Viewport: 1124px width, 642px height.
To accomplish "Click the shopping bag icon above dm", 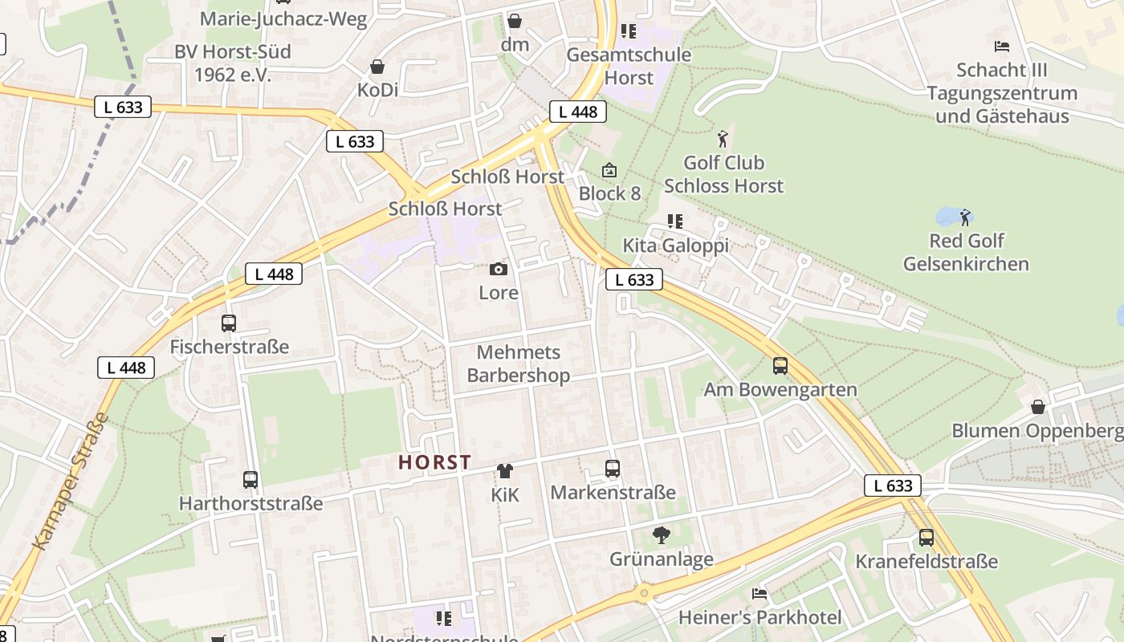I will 515,21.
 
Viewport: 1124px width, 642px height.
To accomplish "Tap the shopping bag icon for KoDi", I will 377,67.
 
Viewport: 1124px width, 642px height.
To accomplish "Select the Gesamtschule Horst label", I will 629,66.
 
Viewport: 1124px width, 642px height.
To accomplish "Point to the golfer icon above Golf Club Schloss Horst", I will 723,139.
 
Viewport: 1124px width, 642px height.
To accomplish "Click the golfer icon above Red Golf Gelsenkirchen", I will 965,217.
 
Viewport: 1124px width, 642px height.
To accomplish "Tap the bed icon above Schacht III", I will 1001,47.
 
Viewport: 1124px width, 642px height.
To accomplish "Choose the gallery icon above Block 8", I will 609,170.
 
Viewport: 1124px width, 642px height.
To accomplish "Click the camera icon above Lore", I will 499,270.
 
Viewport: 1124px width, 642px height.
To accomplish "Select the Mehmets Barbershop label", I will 519,364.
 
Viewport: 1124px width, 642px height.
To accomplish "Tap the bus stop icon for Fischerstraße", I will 229,323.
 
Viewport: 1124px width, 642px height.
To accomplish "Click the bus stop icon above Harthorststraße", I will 250,480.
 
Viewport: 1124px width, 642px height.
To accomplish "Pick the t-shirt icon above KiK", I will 505,471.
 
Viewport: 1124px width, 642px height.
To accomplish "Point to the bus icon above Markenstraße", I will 613,469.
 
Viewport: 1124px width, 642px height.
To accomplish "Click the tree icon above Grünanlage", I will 662,535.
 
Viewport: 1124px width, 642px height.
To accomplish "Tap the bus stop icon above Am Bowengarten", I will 780,366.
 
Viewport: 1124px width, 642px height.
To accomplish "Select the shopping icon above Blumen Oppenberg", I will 1038,407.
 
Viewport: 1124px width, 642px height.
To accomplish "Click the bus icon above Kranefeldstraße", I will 926,538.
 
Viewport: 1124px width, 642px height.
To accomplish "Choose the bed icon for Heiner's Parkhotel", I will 760,594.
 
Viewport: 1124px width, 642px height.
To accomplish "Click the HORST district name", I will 434,463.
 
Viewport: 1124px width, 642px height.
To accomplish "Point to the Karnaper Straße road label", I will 71,481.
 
